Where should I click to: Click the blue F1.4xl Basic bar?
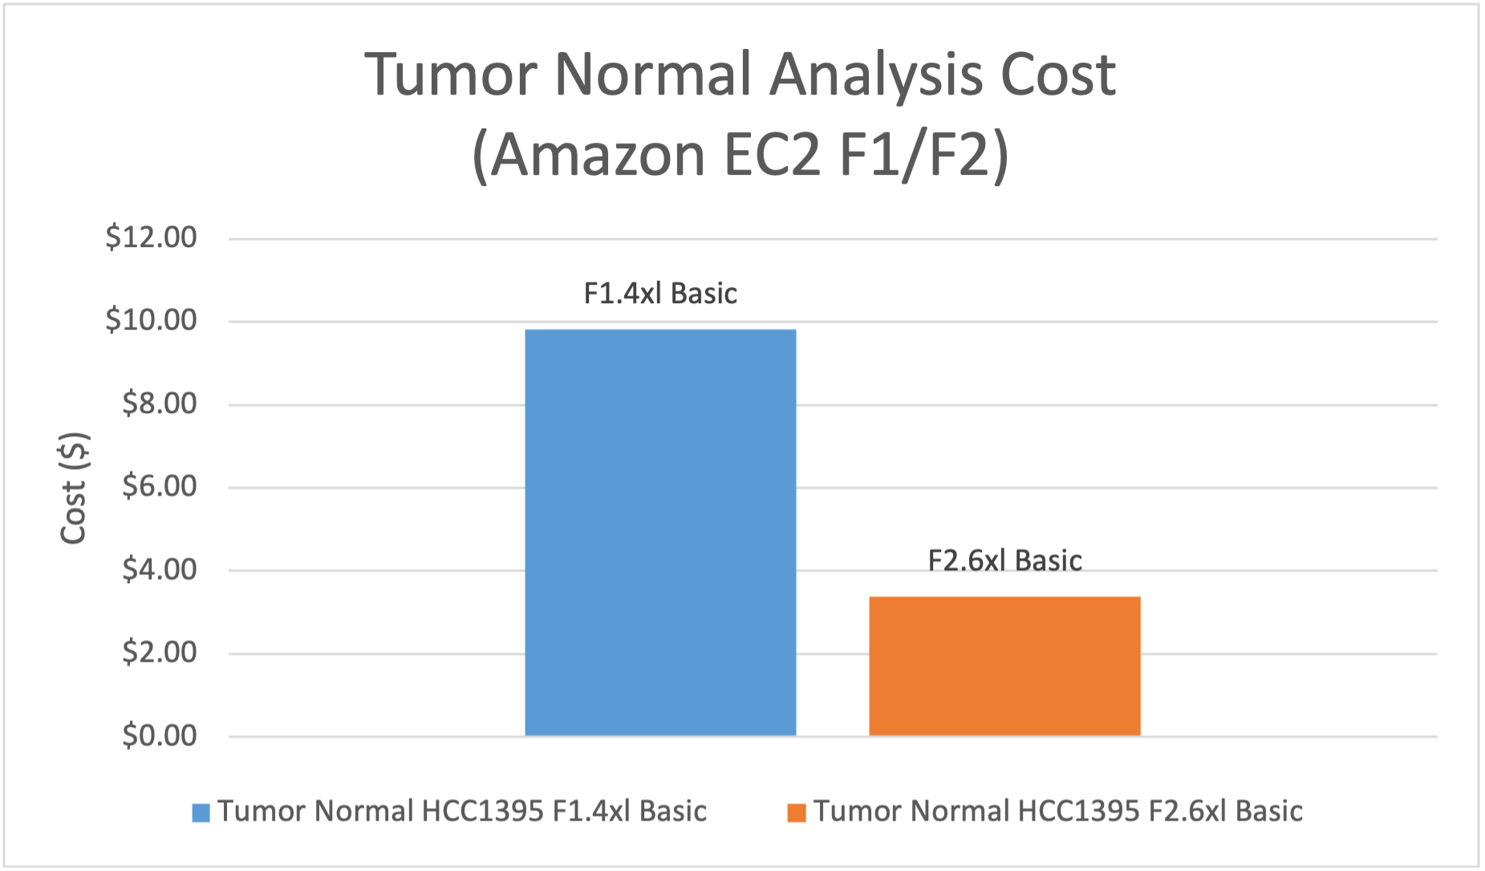click(660, 532)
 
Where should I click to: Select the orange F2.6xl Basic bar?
click(1004, 666)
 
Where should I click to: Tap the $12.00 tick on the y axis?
click(151, 237)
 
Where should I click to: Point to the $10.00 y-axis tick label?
click(151, 320)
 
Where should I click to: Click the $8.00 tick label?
click(159, 403)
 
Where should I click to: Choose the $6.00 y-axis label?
click(159, 486)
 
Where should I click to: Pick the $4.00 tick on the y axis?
click(159, 569)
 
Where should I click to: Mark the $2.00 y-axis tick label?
click(159, 652)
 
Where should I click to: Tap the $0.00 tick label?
click(159, 735)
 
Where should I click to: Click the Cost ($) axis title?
click(74, 488)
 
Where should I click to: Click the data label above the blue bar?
click(660, 294)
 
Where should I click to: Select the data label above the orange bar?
click(1004, 561)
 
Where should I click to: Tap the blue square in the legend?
click(201, 812)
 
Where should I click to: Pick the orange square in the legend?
click(797, 812)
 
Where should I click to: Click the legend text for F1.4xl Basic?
click(462, 812)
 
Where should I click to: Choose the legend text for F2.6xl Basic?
click(1058, 812)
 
